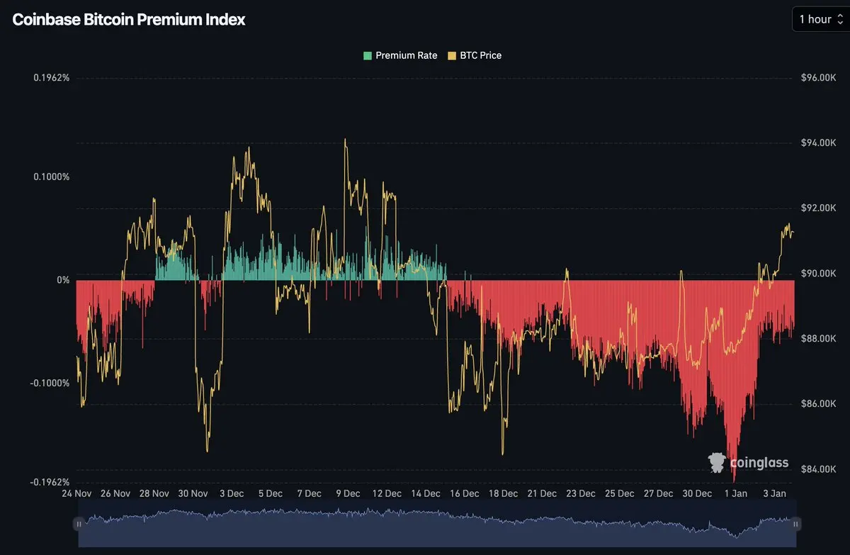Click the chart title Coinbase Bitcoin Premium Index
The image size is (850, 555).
point(129,20)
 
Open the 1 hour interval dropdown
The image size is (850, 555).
point(820,19)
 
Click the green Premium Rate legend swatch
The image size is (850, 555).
point(368,55)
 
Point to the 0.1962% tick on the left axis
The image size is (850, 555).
point(52,77)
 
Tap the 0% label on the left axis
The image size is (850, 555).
point(63,280)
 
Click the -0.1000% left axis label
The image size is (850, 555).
point(50,383)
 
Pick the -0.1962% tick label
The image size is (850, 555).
point(50,482)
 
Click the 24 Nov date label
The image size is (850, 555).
point(76,493)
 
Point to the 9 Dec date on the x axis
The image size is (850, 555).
point(348,493)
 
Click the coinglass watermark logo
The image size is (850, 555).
point(748,463)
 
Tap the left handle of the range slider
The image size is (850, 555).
point(79,524)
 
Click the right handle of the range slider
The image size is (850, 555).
point(796,524)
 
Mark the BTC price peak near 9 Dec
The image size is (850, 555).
point(345,140)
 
